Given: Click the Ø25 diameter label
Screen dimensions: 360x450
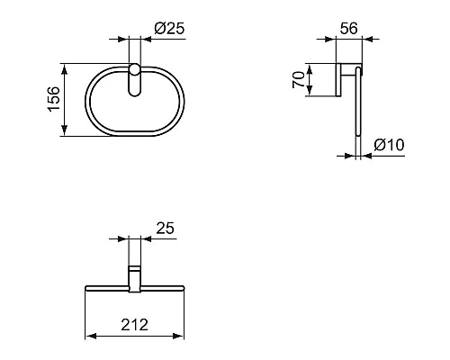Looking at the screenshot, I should click(169, 28).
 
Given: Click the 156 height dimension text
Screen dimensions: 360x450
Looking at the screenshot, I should click(54, 99).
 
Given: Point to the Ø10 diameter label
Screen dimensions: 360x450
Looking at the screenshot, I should click(387, 145).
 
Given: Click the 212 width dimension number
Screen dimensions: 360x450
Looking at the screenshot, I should click(134, 324).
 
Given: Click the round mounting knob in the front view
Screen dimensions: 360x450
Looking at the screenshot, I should click(134, 71).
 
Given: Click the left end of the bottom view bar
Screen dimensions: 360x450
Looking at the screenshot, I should click(86, 288).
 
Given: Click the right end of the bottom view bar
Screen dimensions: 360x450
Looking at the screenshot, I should click(183, 288).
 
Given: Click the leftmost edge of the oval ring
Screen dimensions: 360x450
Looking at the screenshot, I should click(87, 99).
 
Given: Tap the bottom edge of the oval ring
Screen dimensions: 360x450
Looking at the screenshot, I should click(134, 136).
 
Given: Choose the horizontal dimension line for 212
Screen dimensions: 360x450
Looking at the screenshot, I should click(134, 337).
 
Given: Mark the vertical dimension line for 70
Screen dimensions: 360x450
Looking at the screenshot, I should click(309, 78).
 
